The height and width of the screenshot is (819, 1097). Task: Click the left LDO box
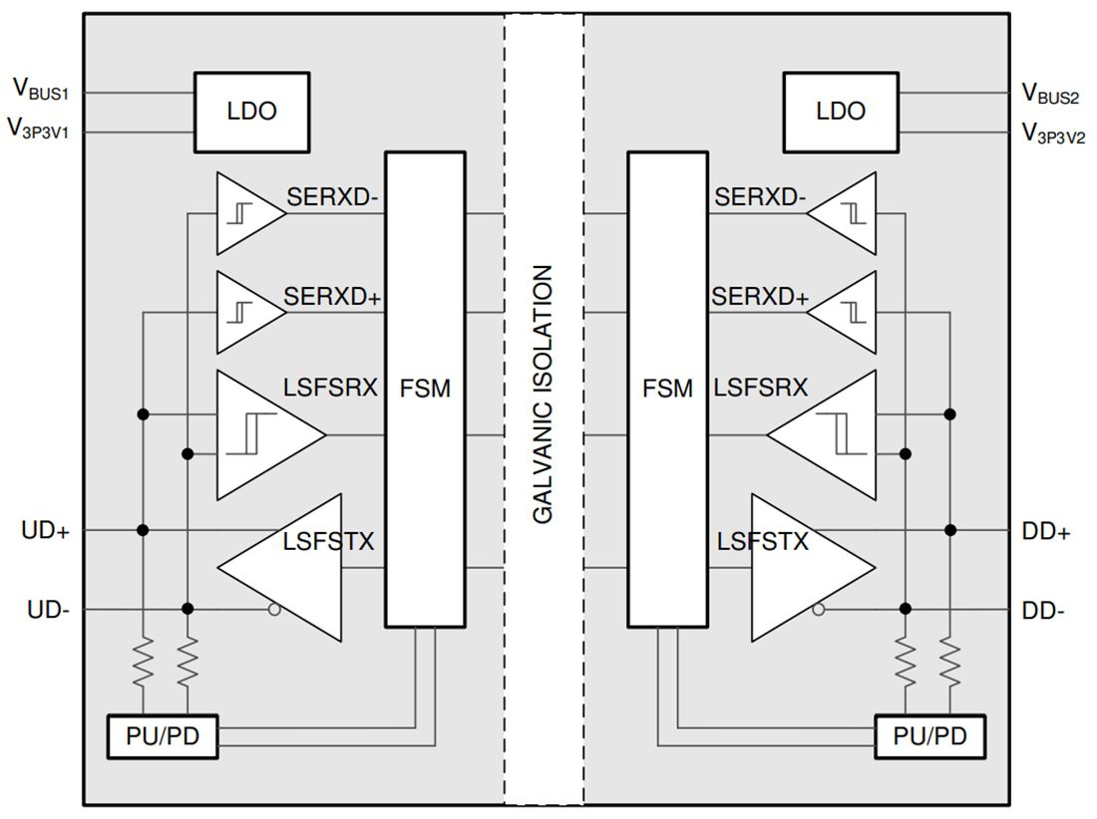pyautogui.click(x=251, y=111)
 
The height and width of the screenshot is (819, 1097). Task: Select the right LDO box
pyautogui.click(x=840, y=111)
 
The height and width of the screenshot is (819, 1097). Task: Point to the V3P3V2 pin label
pyautogui.click(x=1053, y=133)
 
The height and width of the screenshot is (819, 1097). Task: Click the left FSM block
pyautogui.click(x=426, y=389)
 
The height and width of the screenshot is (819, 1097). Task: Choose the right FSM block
pyautogui.click(x=667, y=389)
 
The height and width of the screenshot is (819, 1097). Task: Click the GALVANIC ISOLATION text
pyautogui.click(x=544, y=394)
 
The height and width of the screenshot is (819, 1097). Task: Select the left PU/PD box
pyautogui.click(x=162, y=737)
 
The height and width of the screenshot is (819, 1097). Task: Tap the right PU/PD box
pyautogui.click(x=929, y=737)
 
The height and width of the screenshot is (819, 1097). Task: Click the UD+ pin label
pyautogui.click(x=46, y=531)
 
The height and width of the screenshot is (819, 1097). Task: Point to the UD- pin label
pyautogui.click(x=46, y=610)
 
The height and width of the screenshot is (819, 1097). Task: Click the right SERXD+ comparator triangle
pyautogui.click(x=846, y=313)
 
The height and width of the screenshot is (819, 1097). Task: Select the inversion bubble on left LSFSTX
pyautogui.click(x=272, y=610)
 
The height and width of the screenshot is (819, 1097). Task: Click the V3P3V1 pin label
pyautogui.click(x=46, y=128)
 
